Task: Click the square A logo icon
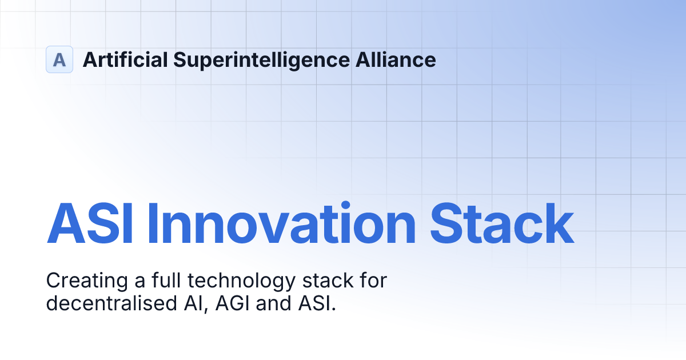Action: click(x=59, y=59)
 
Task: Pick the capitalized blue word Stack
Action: click(x=501, y=225)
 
